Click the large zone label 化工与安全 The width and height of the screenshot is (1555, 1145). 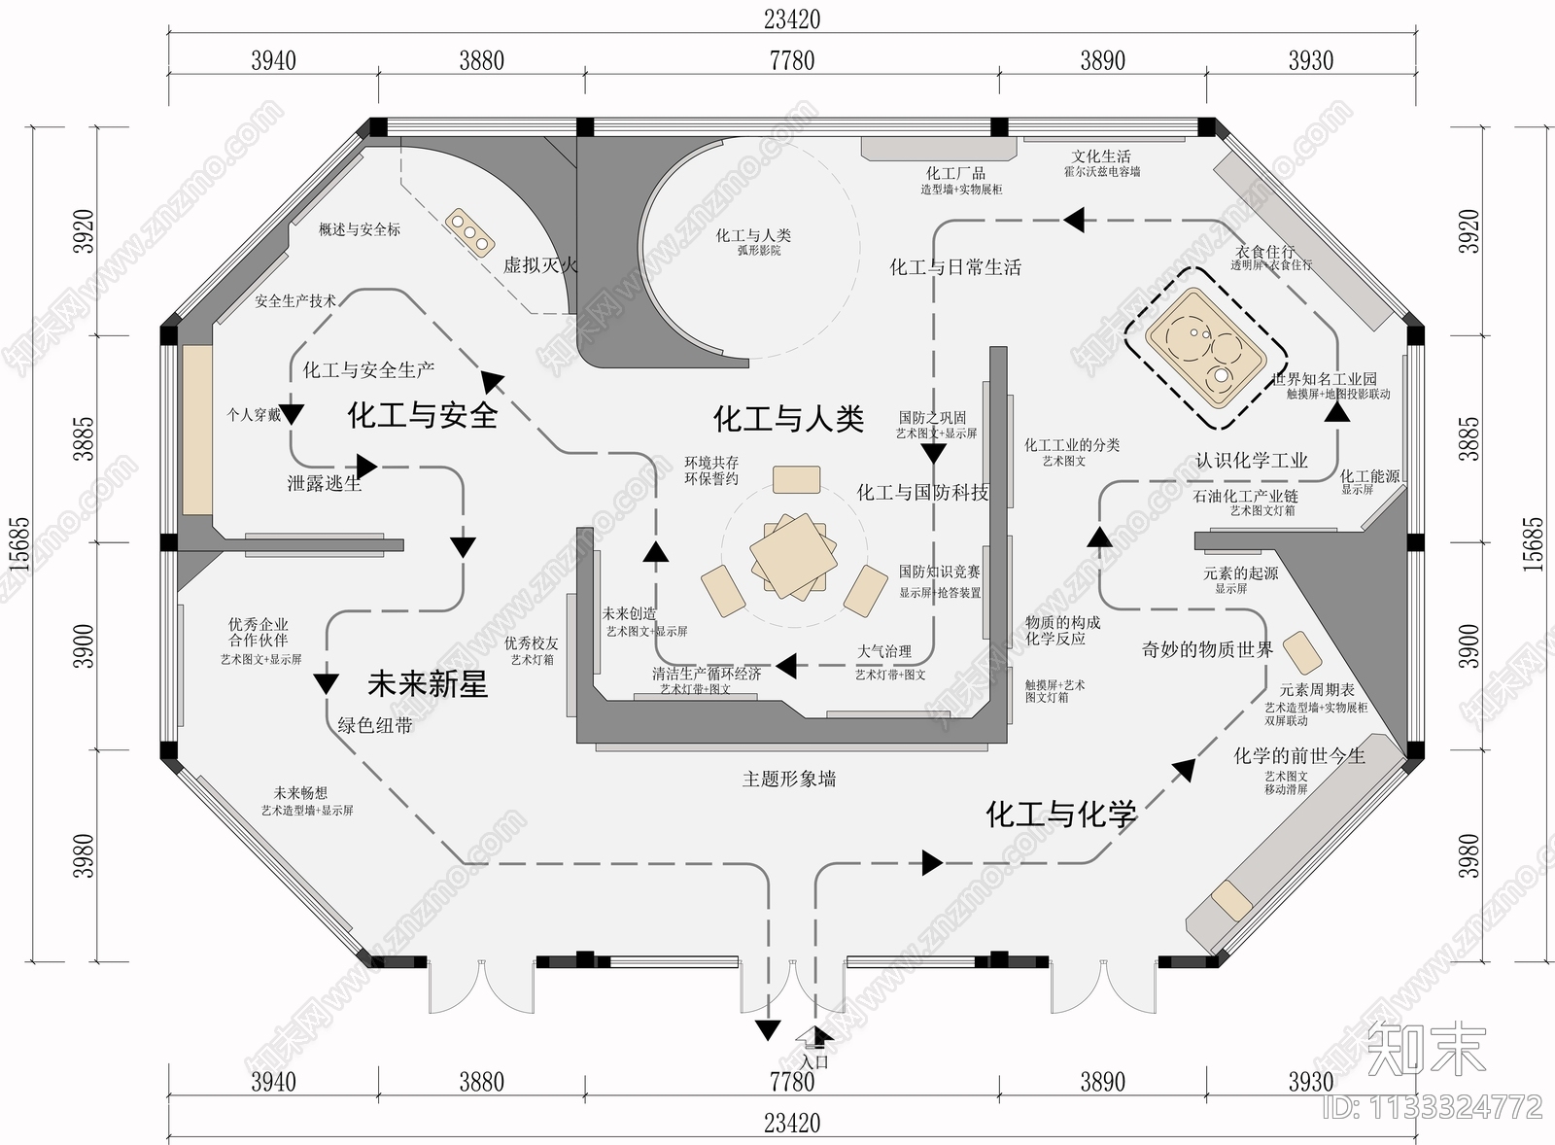[423, 416]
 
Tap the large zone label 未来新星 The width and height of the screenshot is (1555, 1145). [427, 684]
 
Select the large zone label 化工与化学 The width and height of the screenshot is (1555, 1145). [1061, 815]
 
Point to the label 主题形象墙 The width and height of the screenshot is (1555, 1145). [788, 779]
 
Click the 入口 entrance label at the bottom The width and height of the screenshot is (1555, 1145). [814, 1062]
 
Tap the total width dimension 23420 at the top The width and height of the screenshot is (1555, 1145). [791, 19]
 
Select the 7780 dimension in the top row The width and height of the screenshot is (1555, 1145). [791, 60]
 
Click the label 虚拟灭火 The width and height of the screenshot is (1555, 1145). [539, 264]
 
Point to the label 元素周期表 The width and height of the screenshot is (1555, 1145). [1317, 690]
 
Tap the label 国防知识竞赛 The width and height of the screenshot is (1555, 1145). [939, 572]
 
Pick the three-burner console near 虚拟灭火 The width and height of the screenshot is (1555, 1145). [469, 232]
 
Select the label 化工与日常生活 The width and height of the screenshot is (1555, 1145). [955, 267]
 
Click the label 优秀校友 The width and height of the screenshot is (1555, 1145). [532, 643]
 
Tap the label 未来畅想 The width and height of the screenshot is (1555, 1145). [300, 794]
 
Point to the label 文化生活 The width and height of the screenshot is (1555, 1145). [1101, 156]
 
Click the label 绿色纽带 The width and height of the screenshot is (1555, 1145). [375, 725]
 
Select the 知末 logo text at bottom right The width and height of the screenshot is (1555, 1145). [1425, 1047]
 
